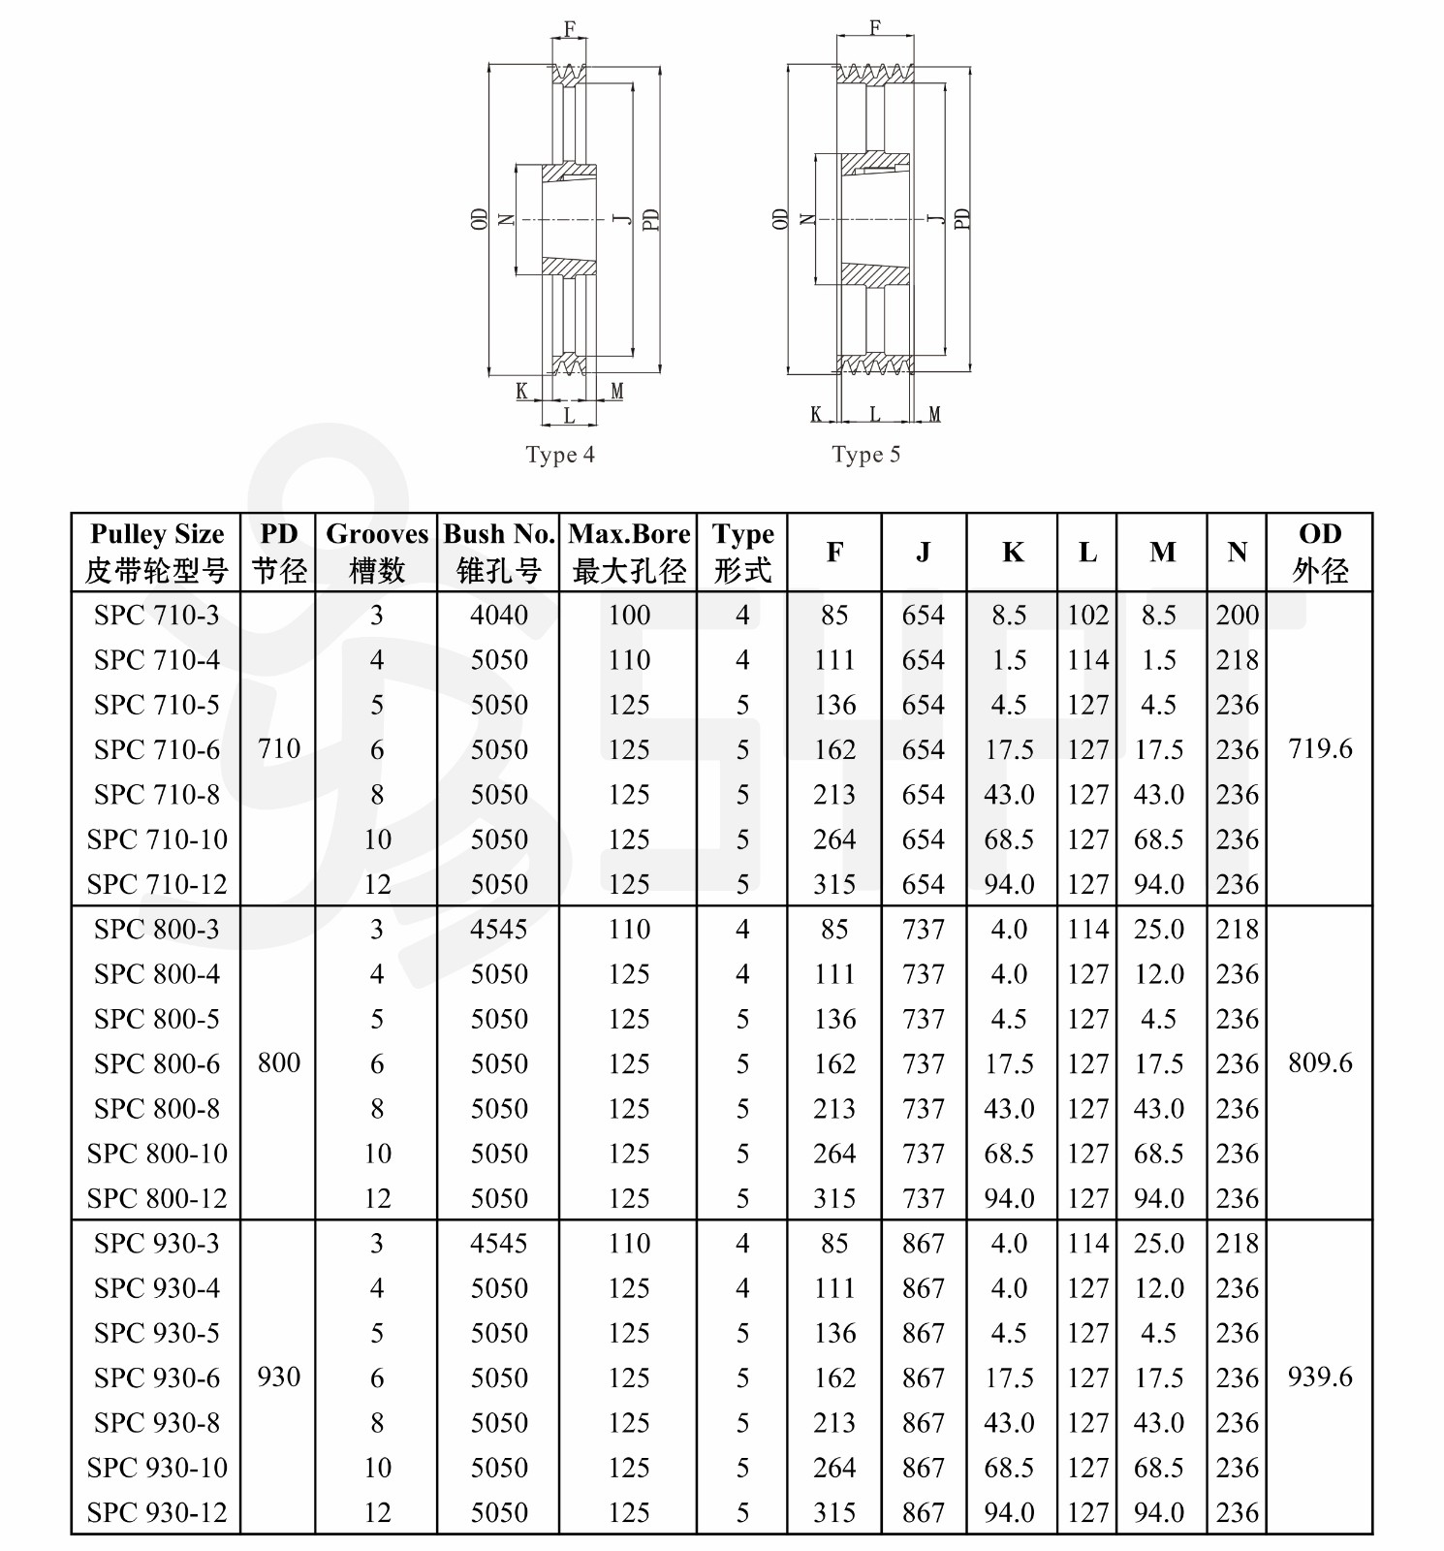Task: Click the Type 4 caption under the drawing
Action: (x=560, y=455)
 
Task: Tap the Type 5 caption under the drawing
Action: (x=865, y=455)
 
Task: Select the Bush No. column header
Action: (x=499, y=552)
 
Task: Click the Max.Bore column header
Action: (x=629, y=552)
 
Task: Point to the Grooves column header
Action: (x=377, y=552)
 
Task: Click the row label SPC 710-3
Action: (x=157, y=616)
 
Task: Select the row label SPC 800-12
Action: (x=157, y=1199)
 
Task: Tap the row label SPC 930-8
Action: (x=157, y=1423)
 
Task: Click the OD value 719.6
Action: (x=1320, y=749)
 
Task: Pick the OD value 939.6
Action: (x=1320, y=1377)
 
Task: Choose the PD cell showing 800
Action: (x=279, y=1063)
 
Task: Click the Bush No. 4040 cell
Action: (x=499, y=616)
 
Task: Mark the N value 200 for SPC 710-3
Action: (x=1238, y=616)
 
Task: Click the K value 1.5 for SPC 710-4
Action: (x=1009, y=660)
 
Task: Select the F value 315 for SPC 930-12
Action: (x=834, y=1512)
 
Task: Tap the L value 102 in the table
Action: (x=1087, y=616)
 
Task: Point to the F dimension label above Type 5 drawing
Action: (x=875, y=28)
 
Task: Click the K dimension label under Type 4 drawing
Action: (x=521, y=392)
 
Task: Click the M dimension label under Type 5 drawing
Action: (x=934, y=415)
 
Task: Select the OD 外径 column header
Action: (x=1320, y=552)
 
